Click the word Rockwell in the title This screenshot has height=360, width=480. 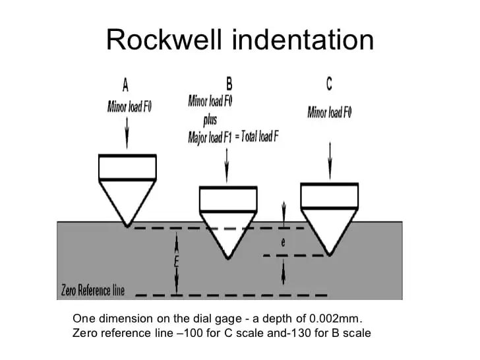[164, 40]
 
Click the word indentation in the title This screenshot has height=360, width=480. [303, 40]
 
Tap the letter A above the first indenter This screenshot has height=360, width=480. [125, 84]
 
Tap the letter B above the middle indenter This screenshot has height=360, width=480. [229, 83]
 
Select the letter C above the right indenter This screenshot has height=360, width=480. [329, 83]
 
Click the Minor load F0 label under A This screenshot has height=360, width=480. [129, 107]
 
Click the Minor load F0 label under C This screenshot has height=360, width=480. [330, 112]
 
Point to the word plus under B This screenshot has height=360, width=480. [210, 120]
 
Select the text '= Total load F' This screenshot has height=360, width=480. [256, 136]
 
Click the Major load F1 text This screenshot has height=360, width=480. [210, 137]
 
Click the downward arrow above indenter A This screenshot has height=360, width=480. [127, 133]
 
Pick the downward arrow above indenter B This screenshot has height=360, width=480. [227, 165]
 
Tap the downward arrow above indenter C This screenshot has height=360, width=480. [330, 161]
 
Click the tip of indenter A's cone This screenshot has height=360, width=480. [127, 227]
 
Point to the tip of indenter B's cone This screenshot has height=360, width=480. [228, 259]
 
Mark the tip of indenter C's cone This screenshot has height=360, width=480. [330, 255]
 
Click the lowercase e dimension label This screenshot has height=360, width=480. [283, 242]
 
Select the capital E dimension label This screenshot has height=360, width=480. [176, 262]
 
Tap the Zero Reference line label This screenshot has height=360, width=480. [93, 290]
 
